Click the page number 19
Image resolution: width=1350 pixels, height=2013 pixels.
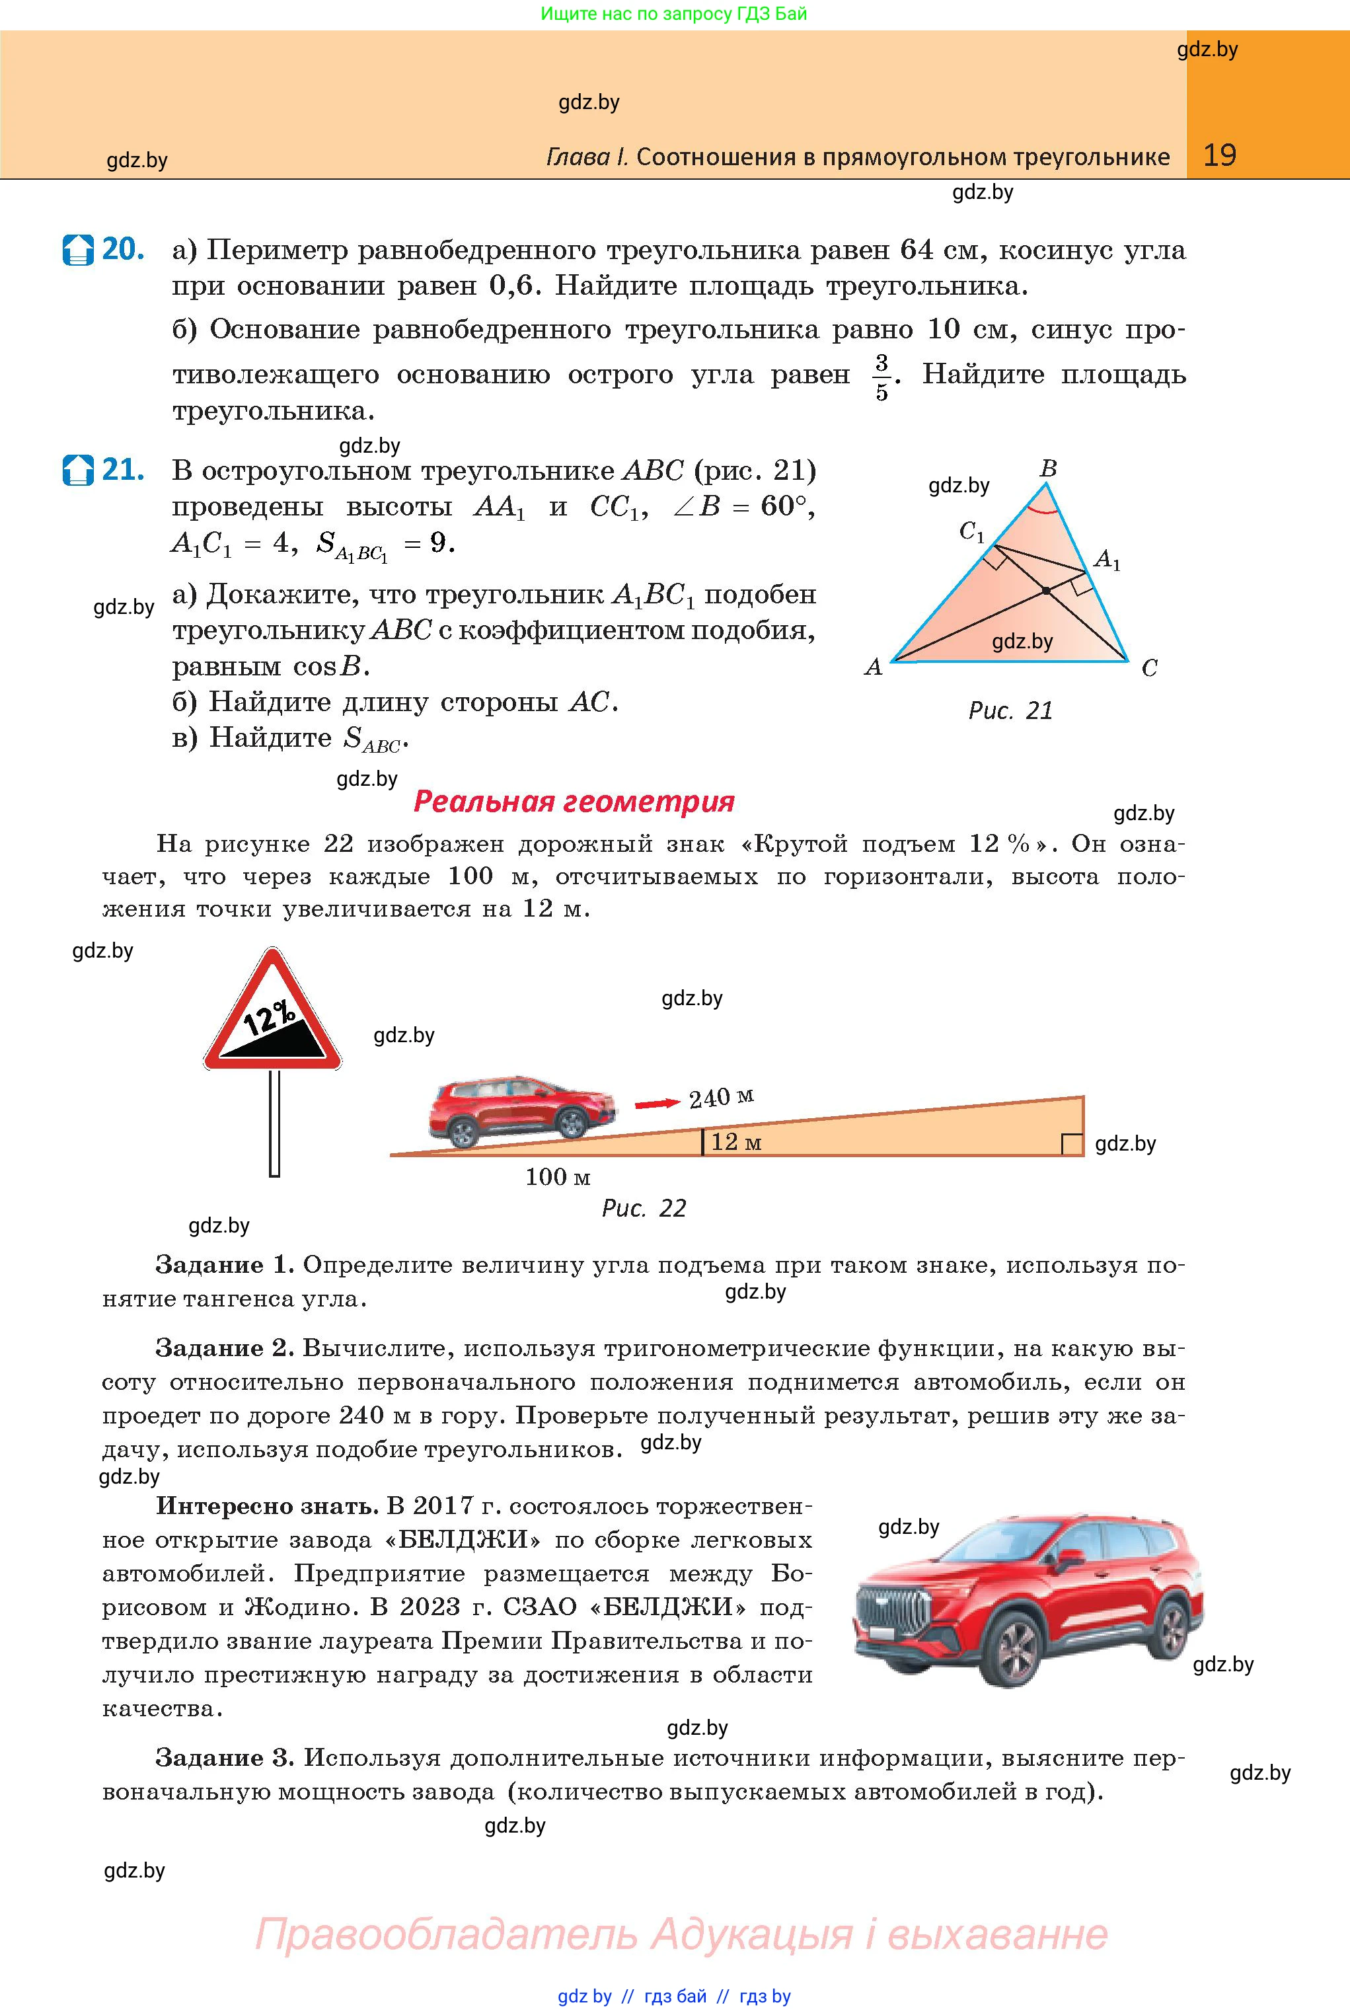[x=1219, y=155]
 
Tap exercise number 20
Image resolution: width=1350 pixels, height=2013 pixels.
[x=122, y=250]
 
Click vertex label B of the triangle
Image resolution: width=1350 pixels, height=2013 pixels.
[x=1048, y=469]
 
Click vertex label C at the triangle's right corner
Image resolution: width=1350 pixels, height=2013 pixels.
[x=1149, y=668]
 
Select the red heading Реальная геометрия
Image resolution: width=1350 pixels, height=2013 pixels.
[x=574, y=802]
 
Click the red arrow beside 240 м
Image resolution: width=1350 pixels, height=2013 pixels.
[x=657, y=1103]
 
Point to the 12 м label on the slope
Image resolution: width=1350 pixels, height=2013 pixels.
[x=736, y=1143]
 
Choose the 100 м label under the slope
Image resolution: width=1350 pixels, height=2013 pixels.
[x=558, y=1176]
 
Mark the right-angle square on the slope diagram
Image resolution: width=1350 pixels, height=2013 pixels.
[x=1072, y=1144]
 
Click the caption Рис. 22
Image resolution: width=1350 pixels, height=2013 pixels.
[x=644, y=1209]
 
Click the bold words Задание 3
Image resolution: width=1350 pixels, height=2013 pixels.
[x=225, y=1757]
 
